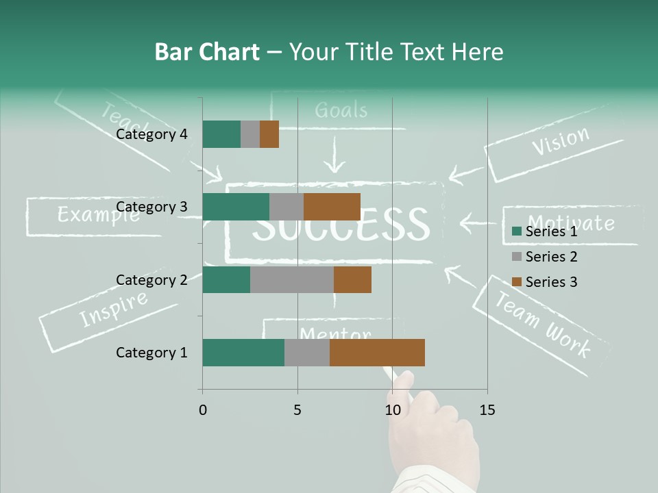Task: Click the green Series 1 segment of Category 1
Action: tap(243, 353)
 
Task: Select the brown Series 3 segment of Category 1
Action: tap(377, 353)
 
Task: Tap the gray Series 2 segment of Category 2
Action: tap(292, 279)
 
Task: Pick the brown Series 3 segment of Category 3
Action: tap(332, 207)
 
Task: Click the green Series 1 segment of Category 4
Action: tap(221, 134)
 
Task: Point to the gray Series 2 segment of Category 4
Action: tap(250, 134)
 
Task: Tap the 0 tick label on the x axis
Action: tap(203, 410)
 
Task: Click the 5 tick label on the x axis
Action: tap(297, 410)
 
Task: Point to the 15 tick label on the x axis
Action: tap(487, 410)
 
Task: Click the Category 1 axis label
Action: tap(151, 353)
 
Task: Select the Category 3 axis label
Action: tap(151, 207)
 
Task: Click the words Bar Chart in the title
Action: tap(207, 52)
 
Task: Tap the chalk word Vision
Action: tap(560, 141)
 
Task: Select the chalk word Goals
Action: tap(341, 110)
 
